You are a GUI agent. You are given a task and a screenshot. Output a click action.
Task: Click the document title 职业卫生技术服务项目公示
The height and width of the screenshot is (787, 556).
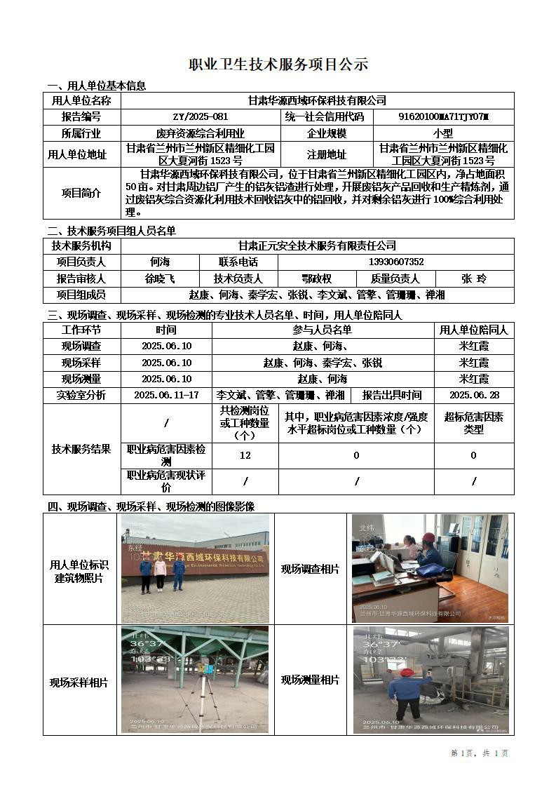pos(278,65)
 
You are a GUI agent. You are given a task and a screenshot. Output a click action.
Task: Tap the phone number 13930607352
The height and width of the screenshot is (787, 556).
pos(395,262)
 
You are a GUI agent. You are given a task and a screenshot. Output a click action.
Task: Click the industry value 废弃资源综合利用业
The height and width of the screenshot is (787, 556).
pos(201,133)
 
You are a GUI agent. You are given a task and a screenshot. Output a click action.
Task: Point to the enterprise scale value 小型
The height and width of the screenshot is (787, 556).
pos(443,133)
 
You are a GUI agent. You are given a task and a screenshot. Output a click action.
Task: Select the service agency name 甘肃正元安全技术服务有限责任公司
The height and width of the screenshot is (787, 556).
pos(317,245)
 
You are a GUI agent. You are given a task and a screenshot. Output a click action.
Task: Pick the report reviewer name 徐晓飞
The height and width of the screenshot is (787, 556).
pos(160,278)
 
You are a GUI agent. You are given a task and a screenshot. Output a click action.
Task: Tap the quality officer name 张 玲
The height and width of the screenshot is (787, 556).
pos(473,278)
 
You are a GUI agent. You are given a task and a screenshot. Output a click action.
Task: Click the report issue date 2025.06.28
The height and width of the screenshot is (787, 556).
pos(473,395)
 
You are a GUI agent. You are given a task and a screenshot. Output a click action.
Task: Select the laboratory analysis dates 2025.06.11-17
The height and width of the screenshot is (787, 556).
pos(166,395)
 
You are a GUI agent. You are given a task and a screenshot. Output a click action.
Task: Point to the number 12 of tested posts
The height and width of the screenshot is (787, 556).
pos(245,455)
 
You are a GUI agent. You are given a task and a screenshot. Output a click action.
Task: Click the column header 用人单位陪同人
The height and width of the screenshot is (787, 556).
pos(473,330)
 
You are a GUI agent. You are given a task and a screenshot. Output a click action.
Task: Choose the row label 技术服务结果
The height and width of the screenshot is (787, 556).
pos(81,449)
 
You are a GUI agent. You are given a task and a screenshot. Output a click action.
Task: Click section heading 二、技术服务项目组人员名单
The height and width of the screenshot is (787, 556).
pos(111,231)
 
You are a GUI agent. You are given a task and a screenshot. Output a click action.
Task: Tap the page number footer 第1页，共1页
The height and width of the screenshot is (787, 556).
pos(479,753)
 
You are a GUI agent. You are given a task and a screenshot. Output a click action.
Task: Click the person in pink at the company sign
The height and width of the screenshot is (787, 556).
pos(160,574)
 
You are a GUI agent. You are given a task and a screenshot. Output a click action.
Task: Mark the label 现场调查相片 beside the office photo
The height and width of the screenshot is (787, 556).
pos(310,568)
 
